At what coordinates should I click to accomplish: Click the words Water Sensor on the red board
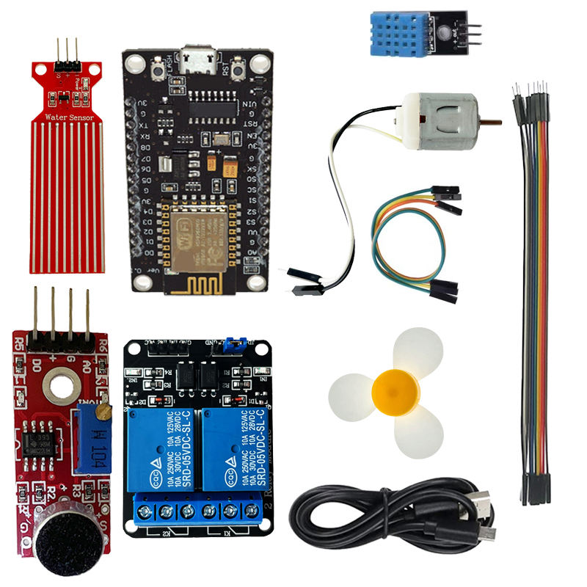67,117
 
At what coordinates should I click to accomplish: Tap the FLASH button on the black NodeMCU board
157,70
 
